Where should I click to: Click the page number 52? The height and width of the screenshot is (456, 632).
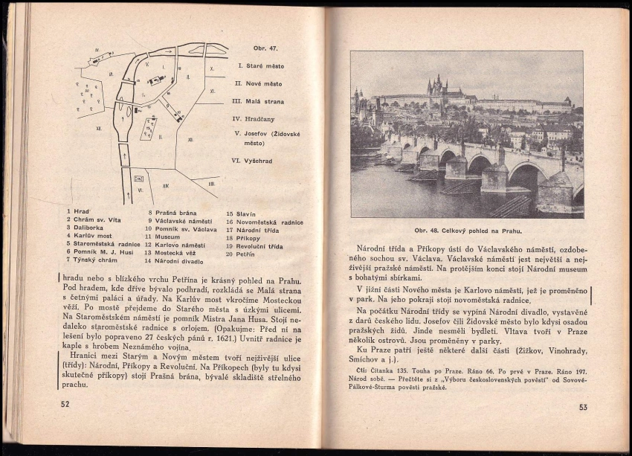[65, 404]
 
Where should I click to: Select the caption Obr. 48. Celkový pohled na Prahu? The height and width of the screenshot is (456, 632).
[467, 230]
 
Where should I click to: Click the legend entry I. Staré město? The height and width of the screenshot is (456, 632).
[260, 66]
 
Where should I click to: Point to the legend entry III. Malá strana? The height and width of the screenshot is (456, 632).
[258, 101]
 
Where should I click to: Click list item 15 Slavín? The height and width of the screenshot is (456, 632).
[242, 213]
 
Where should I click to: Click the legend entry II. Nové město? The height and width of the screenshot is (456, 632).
[259, 84]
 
